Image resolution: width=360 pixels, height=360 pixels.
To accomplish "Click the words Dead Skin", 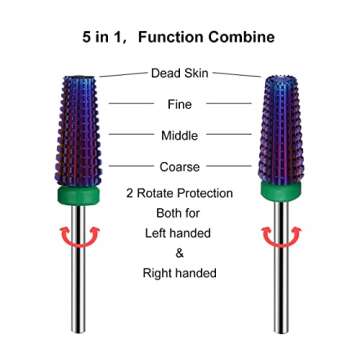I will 180,74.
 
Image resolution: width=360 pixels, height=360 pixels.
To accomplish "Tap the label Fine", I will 180,104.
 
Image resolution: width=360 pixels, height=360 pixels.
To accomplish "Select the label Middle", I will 180,135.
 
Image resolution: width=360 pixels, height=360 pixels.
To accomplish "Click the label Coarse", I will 180,167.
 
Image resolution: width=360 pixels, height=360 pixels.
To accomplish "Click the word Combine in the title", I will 238,37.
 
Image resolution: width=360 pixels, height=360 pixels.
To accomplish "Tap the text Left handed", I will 180,233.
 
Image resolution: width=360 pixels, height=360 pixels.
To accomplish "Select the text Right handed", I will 180,272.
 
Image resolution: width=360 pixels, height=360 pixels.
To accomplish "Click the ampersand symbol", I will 180,253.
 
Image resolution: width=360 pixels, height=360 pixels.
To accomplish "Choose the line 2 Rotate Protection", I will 180,193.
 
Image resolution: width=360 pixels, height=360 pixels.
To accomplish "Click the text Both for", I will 180,213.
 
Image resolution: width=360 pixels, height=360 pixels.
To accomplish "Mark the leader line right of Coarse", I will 228,167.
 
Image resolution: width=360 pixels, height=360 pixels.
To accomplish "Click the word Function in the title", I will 168,37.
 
